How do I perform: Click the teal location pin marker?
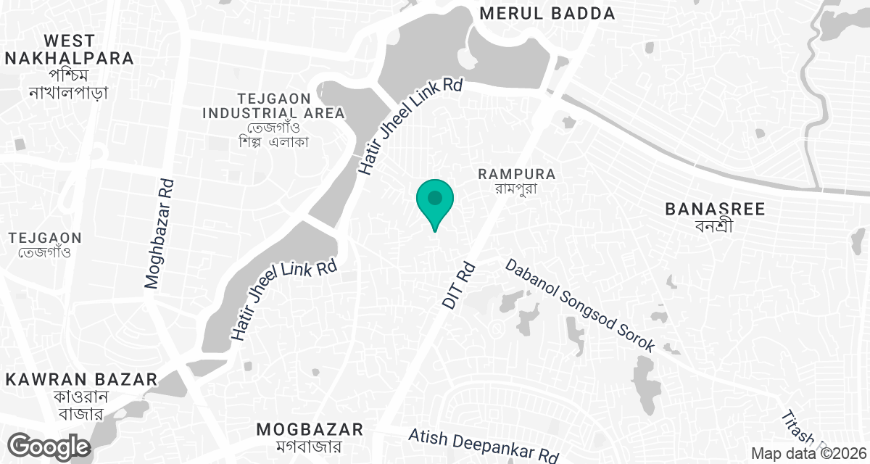(x=434, y=201)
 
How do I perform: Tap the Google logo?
(x=49, y=445)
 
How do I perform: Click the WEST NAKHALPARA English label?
(x=69, y=49)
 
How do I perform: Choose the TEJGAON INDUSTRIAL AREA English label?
(x=273, y=106)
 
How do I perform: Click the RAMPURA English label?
(x=517, y=174)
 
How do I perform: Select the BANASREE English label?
(x=715, y=210)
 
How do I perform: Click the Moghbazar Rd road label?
(x=159, y=234)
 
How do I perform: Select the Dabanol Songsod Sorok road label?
(x=580, y=306)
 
